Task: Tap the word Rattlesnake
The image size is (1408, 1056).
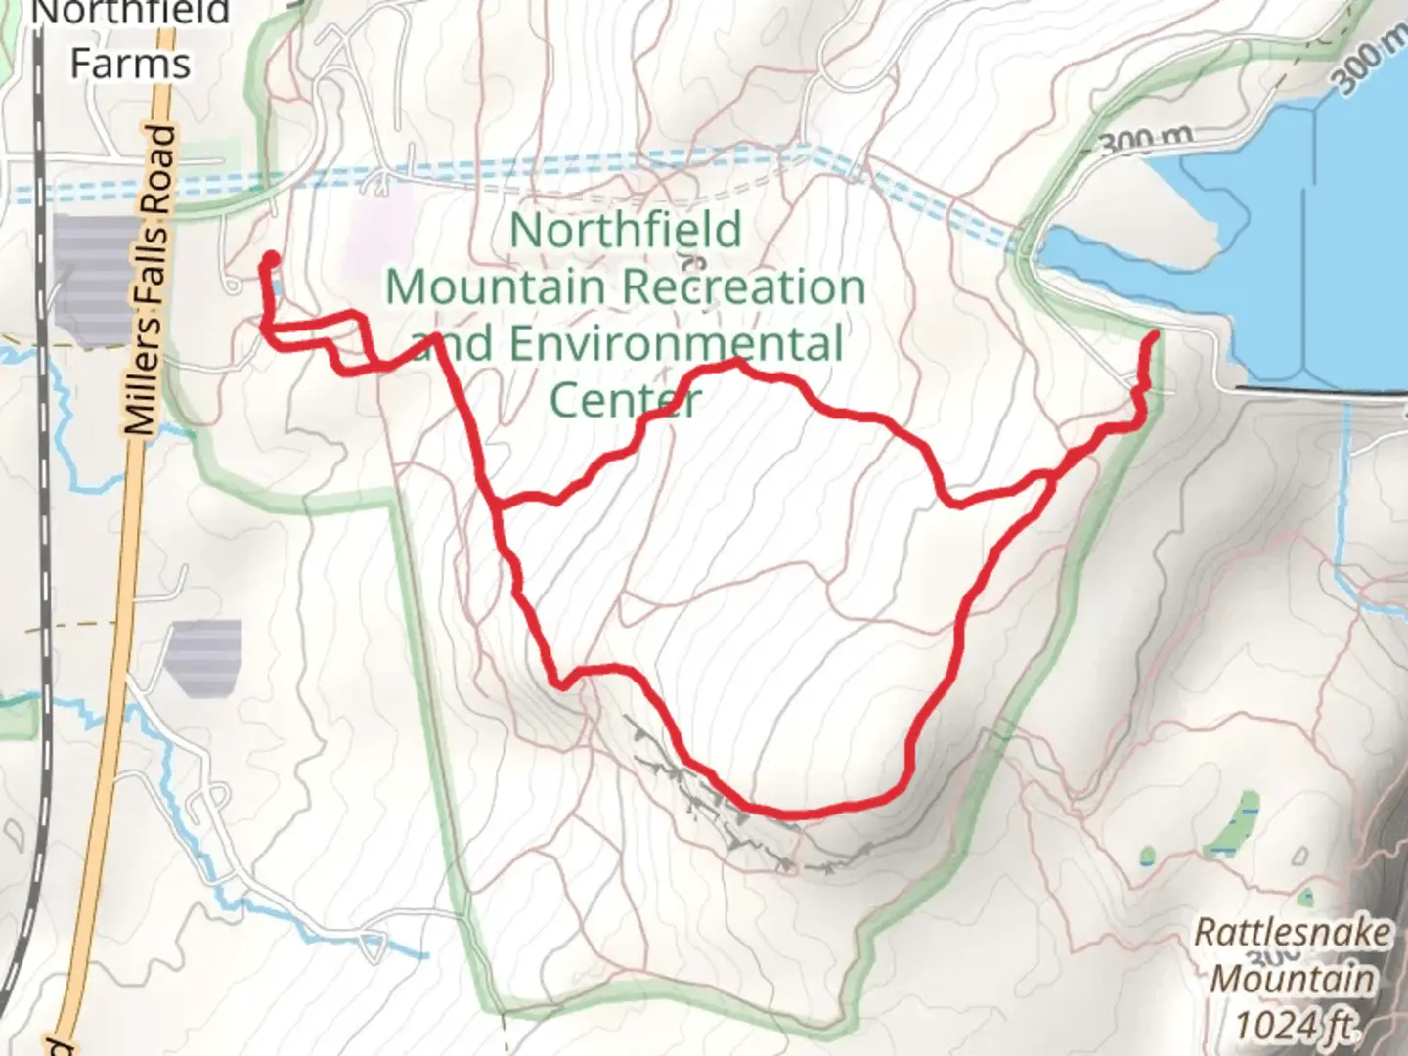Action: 1292,932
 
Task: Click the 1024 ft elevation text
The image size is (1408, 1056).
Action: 1297,1025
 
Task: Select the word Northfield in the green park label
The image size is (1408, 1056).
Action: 626,231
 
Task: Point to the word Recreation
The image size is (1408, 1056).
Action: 743,287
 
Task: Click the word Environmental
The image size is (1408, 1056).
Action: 676,344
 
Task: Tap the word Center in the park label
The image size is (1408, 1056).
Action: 626,399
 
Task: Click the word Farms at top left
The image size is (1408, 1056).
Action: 130,65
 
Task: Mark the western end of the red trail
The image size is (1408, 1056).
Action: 270,259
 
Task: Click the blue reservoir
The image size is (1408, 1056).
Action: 1300,244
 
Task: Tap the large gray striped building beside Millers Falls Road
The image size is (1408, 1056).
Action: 93,279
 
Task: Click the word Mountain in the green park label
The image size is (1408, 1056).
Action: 495,287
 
